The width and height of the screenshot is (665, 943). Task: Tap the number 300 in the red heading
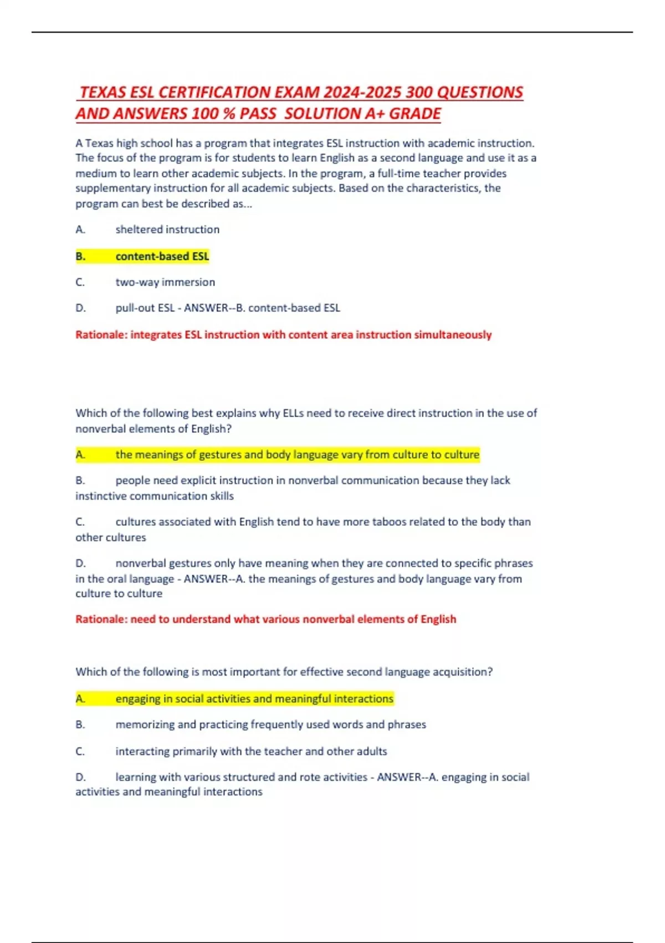[419, 92]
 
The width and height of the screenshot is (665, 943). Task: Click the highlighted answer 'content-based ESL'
[162, 256]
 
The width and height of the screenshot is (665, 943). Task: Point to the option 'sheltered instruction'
[167, 230]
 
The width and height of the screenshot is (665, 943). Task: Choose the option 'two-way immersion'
[165, 282]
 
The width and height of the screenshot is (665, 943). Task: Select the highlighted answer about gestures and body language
[297, 455]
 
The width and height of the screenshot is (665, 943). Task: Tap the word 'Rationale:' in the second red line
[101, 620]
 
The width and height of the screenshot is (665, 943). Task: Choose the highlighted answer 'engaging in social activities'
[254, 699]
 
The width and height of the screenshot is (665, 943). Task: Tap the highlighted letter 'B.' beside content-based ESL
[81, 256]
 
